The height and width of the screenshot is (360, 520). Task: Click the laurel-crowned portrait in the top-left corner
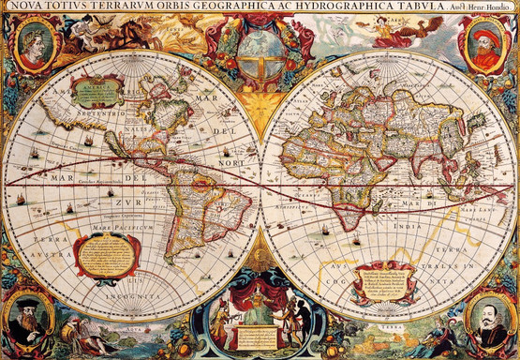(x=34, y=45)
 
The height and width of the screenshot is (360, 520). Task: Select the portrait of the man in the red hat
(x=485, y=47)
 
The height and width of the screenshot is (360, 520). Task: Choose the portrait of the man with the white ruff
(x=488, y=318)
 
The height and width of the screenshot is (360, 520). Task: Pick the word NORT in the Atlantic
(x=231, y=160)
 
